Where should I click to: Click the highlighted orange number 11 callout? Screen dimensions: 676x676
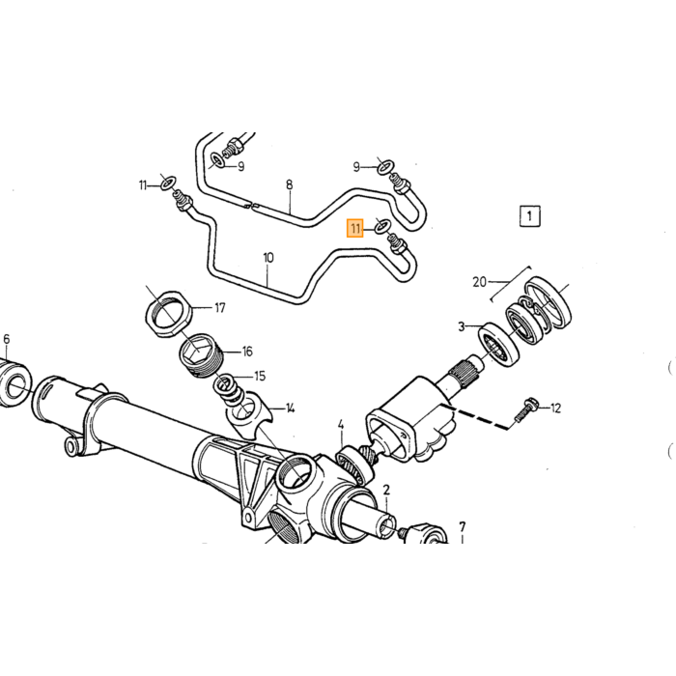[x=355, y=228]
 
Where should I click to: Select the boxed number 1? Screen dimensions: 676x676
[x=529, y=215]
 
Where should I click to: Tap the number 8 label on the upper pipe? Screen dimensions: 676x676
[x=289, y=185]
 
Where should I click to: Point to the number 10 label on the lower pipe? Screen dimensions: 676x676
[x=268, y=258]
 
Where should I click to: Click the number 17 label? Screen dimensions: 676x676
[x=220, y=308]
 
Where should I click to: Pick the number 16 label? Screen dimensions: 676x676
[x=247, y=352]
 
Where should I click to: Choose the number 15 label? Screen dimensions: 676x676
[x=260, y=376]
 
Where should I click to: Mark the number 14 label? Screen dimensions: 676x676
[x=290, y=408]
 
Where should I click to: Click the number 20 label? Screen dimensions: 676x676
[x=479, y=282]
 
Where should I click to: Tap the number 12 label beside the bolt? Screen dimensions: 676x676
[x=555, y=408]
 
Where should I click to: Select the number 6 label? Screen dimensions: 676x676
[x=6, y=339]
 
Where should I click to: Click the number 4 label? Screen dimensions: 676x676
[x=341, y=426]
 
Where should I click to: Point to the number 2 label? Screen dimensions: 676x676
[x=386, y=490]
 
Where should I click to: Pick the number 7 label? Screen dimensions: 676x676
[x=463, y=527]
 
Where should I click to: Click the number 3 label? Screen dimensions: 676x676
[x=462, y=326]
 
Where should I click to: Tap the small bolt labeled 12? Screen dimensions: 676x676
[x=524, y=409]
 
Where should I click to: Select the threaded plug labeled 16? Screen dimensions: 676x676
[x=201, y=356]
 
